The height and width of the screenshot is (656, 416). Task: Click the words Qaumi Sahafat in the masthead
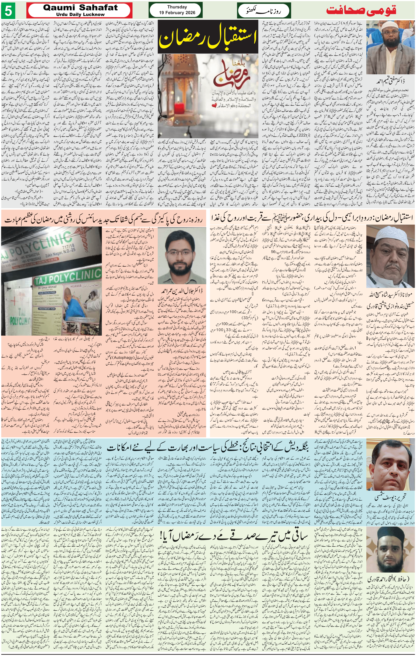click(x=80, y=8)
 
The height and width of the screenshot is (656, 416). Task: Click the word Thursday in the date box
click(x=177, y=7)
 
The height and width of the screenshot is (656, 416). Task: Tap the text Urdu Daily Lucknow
click(x=80, y=14)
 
